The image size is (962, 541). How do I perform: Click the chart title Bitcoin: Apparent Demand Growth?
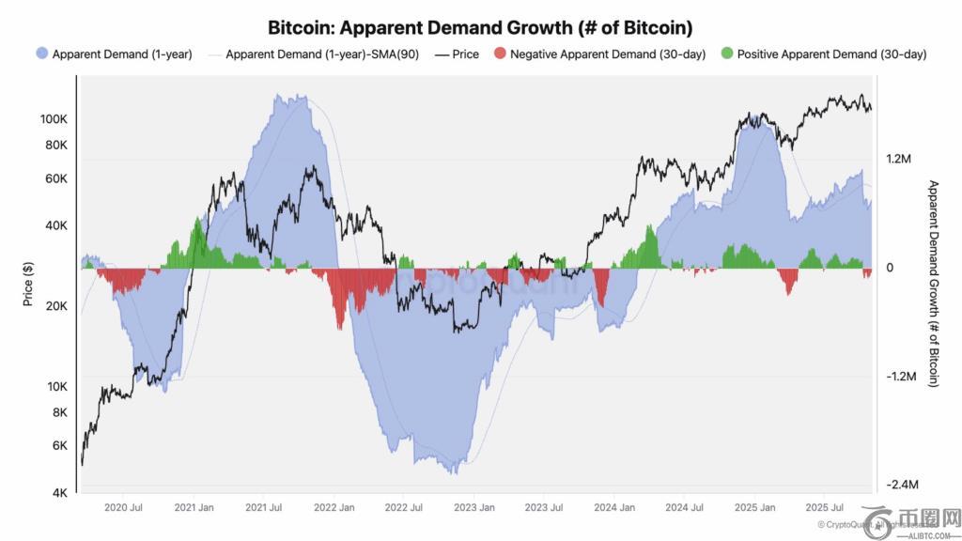pos(480,26)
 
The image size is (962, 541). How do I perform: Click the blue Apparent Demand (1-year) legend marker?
pos(41,54)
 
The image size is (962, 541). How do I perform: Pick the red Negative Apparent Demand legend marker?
pos(498,54)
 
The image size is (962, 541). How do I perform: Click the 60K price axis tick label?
pos(55,178)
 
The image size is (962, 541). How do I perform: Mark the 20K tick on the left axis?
pos(55,306)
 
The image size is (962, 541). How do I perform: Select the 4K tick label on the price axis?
pos(58,493)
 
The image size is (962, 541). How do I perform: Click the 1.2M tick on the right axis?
pos(899,160)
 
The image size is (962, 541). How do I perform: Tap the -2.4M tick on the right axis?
pos(901,485)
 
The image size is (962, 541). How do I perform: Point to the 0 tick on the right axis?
pos(889,268)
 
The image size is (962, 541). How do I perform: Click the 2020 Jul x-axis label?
pos(123,507)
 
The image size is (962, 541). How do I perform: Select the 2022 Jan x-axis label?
pos(334,507)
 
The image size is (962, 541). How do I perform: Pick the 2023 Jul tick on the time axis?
pos(543,507)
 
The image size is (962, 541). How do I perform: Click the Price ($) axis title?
pos(28,284)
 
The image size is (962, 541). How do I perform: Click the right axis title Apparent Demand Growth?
pos(933,284)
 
